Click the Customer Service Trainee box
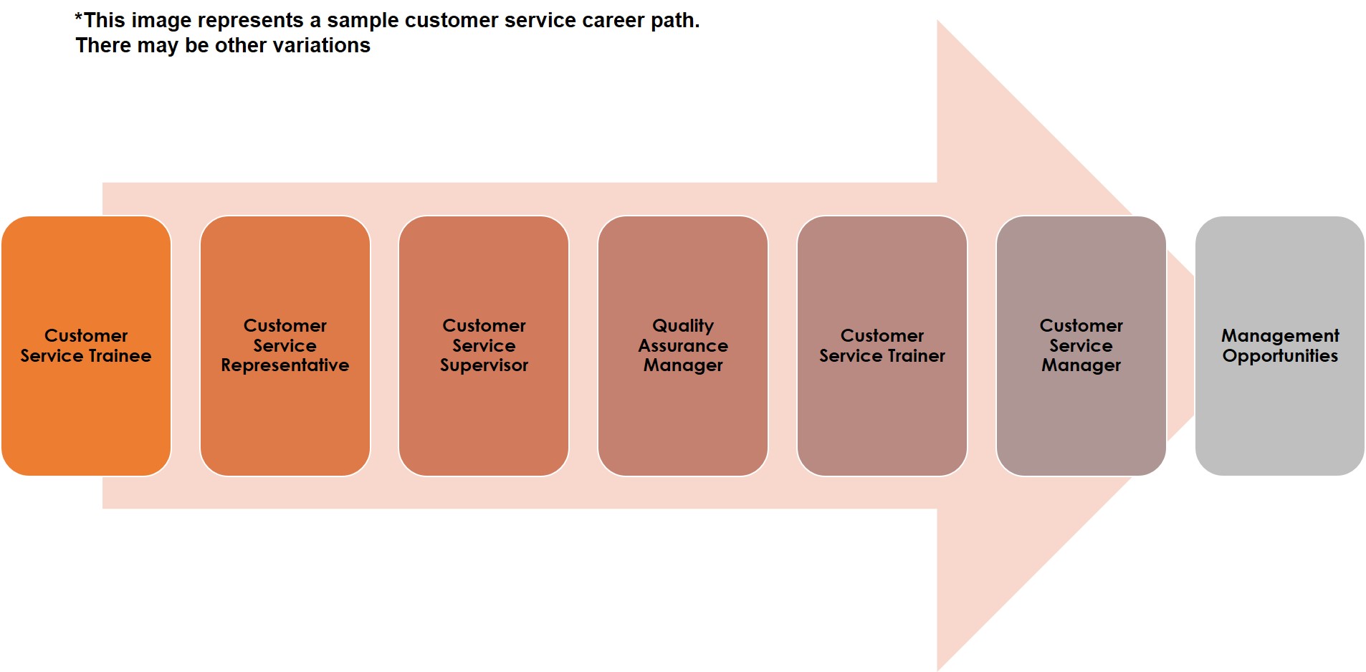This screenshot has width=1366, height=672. pos(86,346)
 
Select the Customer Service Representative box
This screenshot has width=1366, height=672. pos(285,346)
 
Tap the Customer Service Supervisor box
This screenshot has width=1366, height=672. pos(484,346)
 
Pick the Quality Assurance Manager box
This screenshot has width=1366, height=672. pos(683,346)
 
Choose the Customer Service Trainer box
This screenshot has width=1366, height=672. pos(882,346)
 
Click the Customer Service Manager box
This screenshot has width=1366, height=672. pos(1081,346)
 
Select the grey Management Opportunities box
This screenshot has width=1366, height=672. pos(1280,346)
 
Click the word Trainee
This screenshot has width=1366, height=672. pos(120,356)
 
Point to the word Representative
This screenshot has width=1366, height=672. pos(285,366)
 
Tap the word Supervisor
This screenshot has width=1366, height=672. pos(484,366)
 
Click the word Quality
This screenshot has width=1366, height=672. pos(683,327)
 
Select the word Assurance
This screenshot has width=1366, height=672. pos(683,346)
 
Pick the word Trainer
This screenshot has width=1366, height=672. pos(917,356)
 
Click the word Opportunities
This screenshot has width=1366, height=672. pos(1280,357)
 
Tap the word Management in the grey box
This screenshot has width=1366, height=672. pos(1280,337)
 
